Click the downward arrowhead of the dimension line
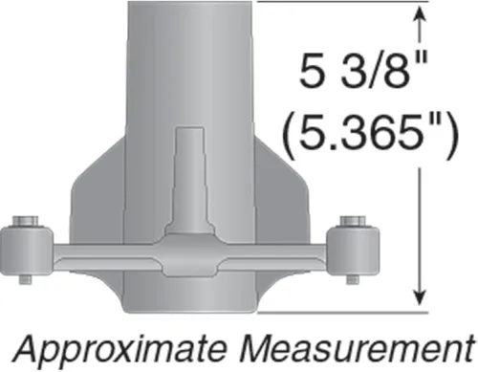tap(420, 295)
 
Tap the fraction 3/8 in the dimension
tap(372, 70)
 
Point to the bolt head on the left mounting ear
tap(26, 221)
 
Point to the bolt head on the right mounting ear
tap(353, 221)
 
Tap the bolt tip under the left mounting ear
tap(26, 279)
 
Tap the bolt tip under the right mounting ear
tap(352, 279)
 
